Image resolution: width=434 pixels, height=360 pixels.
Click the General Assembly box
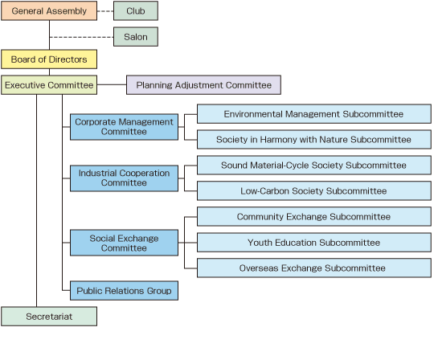pyautogui.click(x=49, y=10)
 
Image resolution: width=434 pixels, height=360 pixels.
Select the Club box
pyautogui.click(x=136, y=10)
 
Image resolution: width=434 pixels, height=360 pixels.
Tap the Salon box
pyautogui.click(x=136, y=36)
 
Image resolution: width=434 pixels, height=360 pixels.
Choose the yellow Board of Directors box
pyautogui.click(x=49, y=59)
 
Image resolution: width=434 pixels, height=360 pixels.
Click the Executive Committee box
pyautogui.click(x=49, y=85)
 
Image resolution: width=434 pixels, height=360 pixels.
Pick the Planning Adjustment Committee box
pyautogui.click(x=203, y=85)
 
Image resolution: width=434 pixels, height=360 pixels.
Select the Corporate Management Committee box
pyautogui.click(x=124, y=127)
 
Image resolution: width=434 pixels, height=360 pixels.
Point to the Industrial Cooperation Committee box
pyautogui.click(x=124, y=178)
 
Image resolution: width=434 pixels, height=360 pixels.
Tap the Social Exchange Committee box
pyautogui.click(x=124, y=243)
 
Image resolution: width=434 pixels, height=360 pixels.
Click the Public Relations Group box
pyautogui.click(x=124, y=291)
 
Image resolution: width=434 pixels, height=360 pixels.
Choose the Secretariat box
pyautogui.click(x=49, y=317)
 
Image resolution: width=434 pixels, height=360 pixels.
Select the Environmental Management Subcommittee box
pyautogui.click(x=314, y=114)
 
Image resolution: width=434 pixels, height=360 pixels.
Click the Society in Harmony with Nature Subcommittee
pyautogui.click(x=314, y=140)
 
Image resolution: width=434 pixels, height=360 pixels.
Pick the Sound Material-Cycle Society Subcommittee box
pyautogui.click(x=314, y=166)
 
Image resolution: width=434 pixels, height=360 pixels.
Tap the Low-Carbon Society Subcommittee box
pyautogui.click(x=314, y=191)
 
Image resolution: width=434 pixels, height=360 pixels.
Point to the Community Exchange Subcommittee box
pyautogui.click(x=314, y=217)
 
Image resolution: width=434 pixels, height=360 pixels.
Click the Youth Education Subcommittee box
pyautogui.click(x=314, y=243)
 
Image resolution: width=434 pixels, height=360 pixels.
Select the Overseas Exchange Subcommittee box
pyautogui.click(x=314, y=268)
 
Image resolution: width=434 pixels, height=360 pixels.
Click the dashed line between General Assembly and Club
pyautogui.click(x=105, y=11)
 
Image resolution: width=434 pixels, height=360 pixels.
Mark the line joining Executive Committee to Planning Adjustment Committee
pyautogui.click(x=112, y=84)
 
